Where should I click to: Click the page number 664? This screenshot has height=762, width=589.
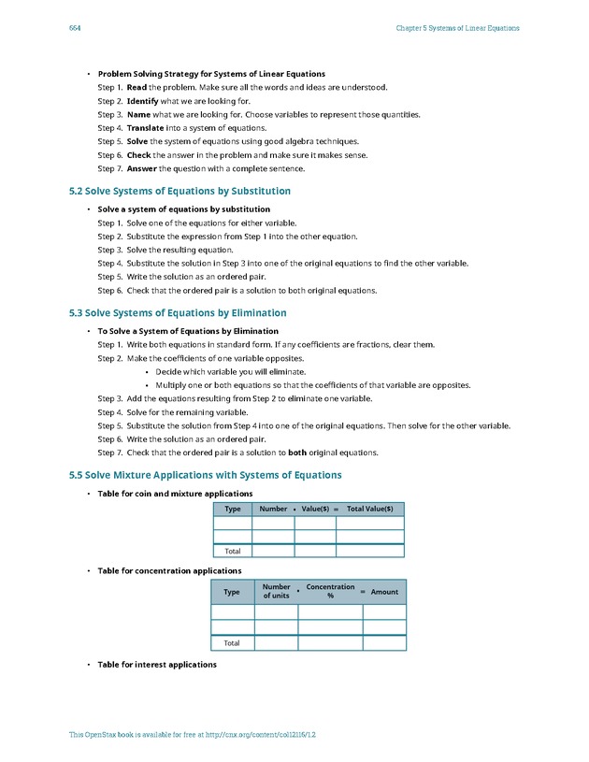pyautogui.click(x=76, y=28)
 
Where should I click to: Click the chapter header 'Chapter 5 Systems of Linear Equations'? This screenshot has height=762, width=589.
pyautogui.click(x=457, y=28)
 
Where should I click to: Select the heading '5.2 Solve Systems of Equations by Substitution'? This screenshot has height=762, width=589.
pyautogui.click(x=180, y=191)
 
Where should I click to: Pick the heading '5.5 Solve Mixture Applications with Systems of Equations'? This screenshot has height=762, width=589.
pyautogui.click(x=205, y=475)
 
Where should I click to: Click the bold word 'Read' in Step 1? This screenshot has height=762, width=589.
pyautogui.click(x=137, y=87)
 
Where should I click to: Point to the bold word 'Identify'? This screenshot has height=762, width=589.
pyautogui.click(x=142, y=100)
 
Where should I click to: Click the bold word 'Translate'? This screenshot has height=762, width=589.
pyautogui.click(x=146, y=127)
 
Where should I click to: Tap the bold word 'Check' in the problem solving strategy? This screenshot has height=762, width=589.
pyautogui.click(x=138, y=154)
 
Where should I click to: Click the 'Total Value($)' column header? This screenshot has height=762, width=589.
pyautogui.click(x=370, y=509)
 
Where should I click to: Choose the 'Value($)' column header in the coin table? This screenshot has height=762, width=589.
pyautogui.click(x=314, y=509)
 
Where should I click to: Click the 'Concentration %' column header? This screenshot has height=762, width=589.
pyautogui.click(x=330, y=592)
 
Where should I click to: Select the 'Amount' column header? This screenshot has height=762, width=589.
pyautogui.click(x=384, y=592)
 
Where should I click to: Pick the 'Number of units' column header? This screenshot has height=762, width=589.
pyautogui.click(x=276, y=592)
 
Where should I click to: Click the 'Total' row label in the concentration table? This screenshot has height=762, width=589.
pyautogui.click(x=232, y=643)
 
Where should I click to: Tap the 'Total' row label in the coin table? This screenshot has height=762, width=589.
pyautogui.click(x=233, y=551)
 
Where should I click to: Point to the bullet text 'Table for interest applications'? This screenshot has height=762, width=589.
pyautogui.click(x=157, y=665)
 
